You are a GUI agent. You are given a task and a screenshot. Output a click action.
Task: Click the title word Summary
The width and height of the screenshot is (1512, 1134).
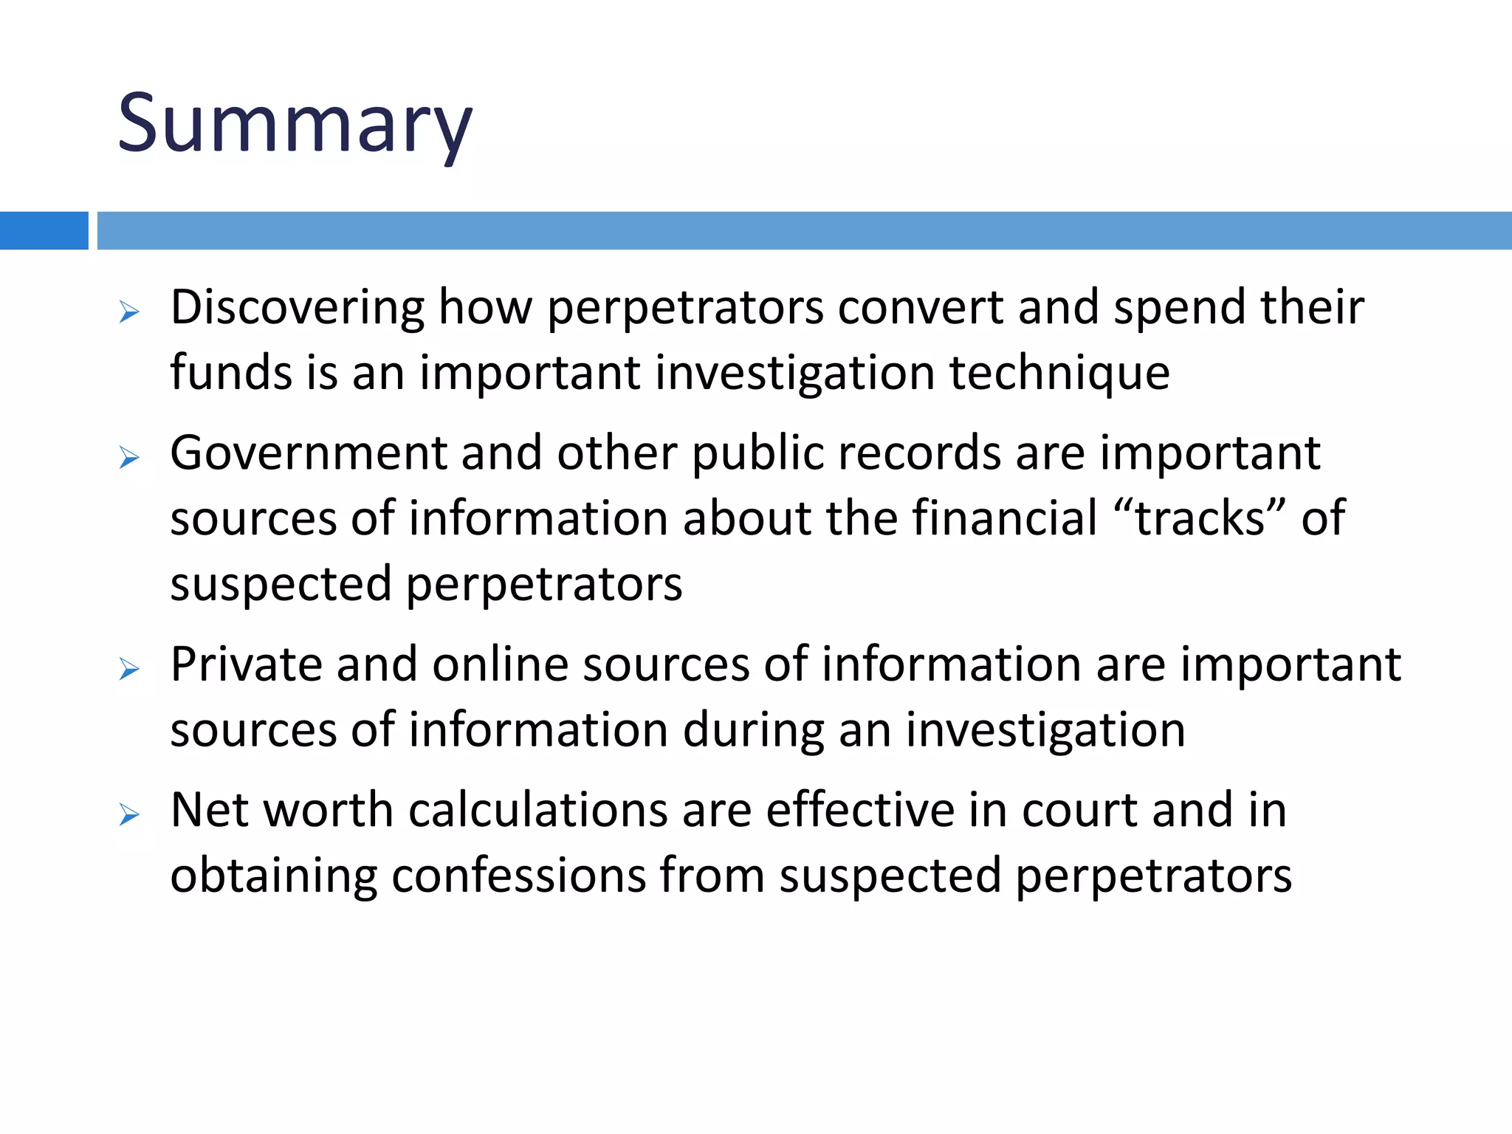point(295,124)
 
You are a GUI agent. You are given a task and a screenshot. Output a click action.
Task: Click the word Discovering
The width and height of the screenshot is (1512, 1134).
point(298,307)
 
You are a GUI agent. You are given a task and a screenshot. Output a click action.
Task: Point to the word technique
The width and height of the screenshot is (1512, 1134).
point(1059,372)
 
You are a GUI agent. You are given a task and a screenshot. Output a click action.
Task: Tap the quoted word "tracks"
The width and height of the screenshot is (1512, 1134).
point(1200,518)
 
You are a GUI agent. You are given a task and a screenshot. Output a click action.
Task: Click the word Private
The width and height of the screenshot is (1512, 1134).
point(247,664)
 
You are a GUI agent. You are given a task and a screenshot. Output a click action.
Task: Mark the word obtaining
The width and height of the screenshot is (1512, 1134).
point(273,876)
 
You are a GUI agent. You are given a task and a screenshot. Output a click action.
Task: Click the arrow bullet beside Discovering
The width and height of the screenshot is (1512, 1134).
point(129,312)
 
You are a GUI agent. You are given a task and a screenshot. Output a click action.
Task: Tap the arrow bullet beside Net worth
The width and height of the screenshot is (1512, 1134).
point(129,816)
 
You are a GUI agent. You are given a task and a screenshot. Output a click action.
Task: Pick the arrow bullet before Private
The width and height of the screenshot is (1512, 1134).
point(129,670)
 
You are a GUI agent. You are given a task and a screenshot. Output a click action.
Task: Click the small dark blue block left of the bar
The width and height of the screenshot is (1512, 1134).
point(44,230)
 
